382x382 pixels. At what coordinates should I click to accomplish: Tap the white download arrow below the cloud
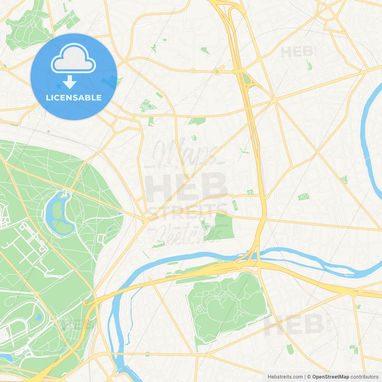[70, 82]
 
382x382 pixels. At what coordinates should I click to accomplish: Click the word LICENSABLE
[74, 98]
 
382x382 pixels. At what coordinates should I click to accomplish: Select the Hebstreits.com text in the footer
[285, 377]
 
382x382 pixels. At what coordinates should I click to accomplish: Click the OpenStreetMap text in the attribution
[330, 377]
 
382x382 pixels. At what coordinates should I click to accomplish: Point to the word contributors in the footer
[364, 377]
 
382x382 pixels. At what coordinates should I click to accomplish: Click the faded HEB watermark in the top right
[297, 53]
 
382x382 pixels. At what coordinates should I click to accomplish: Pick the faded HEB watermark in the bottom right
[294, 325]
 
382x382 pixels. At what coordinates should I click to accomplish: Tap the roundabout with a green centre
[217, 72]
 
